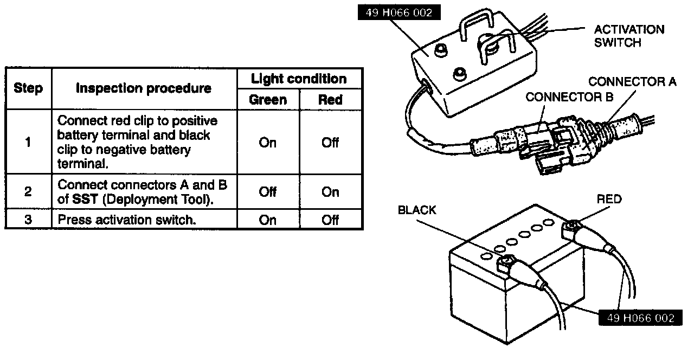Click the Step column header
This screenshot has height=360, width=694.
(x=28, y=88)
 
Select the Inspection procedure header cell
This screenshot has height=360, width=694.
(x=144, y=88)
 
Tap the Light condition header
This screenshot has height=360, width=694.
(x=299, y=79)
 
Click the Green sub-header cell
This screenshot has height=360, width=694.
(x=268, y=100)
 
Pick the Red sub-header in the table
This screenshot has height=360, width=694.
(x=330, y=100)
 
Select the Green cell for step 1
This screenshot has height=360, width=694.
(x=268, y=143)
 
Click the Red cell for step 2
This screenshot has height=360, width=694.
(x=330, y=192)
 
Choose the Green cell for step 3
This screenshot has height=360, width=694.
(x=268, y=220)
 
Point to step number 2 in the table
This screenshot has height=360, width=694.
(x=28, y=192)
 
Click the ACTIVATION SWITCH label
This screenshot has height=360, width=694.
(x=629, y=36)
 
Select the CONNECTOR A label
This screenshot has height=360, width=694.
(x=632, y=82)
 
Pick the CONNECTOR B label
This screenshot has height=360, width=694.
(x=569, y=97)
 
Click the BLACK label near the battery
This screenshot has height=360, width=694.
(x=417, y=210)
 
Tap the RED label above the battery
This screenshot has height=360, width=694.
(x=609, y=199)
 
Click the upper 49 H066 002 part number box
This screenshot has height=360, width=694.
(x=399, y=13)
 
